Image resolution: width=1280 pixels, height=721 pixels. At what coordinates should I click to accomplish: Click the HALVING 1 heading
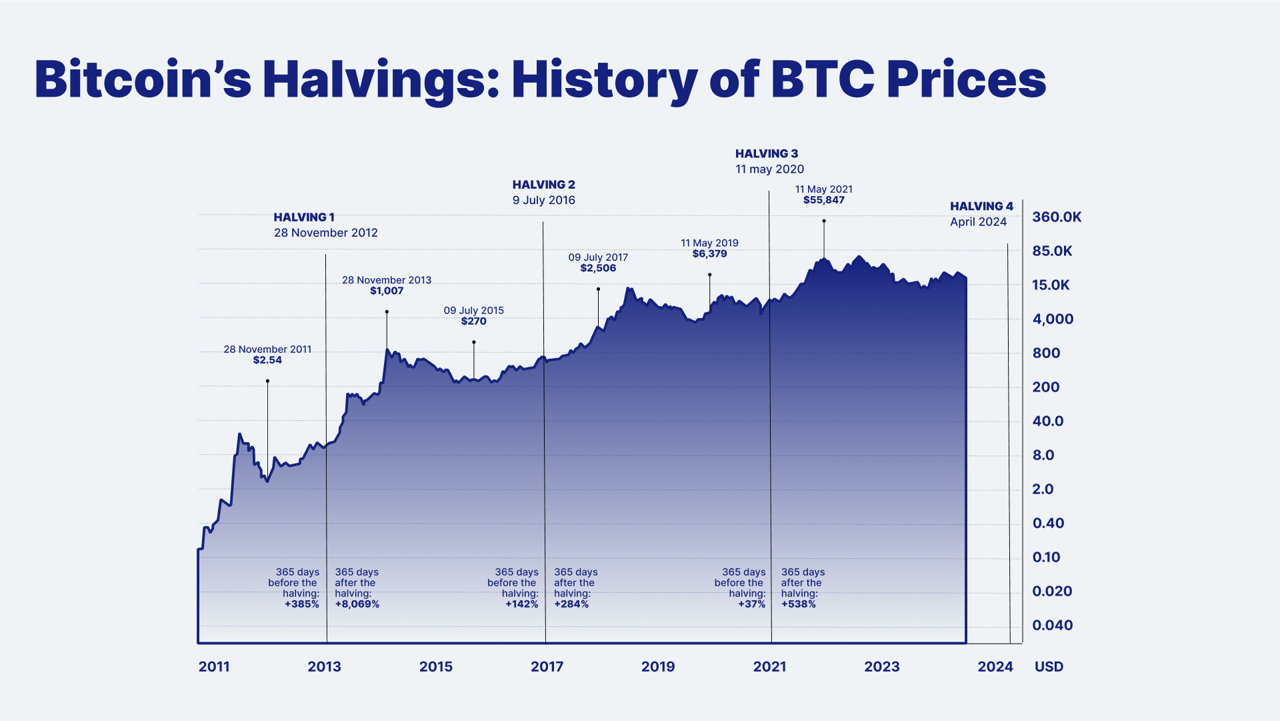(x=304, y=217)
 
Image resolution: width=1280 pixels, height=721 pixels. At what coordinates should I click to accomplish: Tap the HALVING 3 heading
(x=766, y=153)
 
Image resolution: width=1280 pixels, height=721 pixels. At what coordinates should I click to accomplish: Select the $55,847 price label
(x=823, y=200)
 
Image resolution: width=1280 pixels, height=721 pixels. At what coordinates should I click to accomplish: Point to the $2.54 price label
(x=267, y=360)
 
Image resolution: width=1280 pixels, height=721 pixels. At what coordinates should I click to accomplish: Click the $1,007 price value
(x=387, y=291)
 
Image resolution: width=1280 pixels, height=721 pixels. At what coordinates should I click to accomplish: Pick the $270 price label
(x=473, y=321)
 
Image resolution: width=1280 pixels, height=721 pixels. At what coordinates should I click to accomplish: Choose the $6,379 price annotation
(x=709, y=254)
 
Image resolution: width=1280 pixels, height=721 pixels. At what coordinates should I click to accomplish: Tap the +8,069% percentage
(x=357, y=604)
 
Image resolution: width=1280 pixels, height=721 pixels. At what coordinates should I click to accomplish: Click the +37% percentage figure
(x=751, y=604)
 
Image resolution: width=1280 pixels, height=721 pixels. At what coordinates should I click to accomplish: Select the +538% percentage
(x=798, y=604)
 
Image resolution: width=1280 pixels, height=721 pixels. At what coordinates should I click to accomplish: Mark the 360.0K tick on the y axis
(x=1057, y=217)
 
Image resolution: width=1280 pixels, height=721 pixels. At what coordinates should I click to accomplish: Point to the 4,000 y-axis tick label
(x=1053, y=319)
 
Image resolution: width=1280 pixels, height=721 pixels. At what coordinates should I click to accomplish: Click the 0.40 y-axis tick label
(x=1048, y=523)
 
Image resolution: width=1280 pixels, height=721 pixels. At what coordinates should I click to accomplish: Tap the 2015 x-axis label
(x=436, y=666)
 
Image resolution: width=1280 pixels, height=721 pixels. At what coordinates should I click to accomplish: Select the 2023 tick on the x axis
(x=881, y=666)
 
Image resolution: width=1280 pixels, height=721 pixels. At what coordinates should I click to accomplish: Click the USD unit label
(x=1049, y=666)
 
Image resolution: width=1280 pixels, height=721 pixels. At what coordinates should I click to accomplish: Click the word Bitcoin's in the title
(x=143, y=80)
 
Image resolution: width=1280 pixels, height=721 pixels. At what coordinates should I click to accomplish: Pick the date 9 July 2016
(x=543, y=200)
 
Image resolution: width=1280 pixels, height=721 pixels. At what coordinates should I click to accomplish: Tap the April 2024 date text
(x=978, y=222)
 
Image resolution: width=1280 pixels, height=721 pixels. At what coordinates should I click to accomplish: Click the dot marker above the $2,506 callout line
(x=598, y=289)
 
